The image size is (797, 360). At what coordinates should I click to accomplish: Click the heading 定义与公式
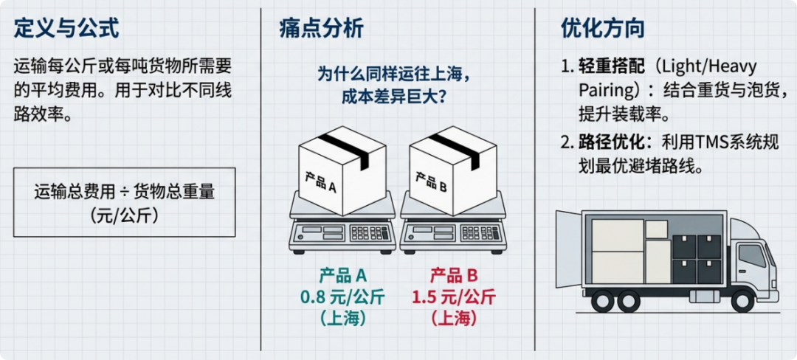tap(66, 29)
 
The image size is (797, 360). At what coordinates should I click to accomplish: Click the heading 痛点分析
tap(321, 29)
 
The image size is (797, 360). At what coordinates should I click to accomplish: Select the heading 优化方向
tap(603, 29)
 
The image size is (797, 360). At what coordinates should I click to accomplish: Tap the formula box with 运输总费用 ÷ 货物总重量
tap(124, 201)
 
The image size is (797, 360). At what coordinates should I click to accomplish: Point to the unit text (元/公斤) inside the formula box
tap(124, 215)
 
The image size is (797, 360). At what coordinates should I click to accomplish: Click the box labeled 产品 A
tap(342, 174)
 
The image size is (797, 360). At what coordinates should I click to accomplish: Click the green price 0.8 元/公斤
tap(342, 298)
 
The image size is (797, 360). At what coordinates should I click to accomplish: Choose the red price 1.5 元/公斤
tap(452, 298)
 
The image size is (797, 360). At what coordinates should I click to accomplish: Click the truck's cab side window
tap(752, 255)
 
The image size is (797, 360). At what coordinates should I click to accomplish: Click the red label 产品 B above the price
tap(452, 276)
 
